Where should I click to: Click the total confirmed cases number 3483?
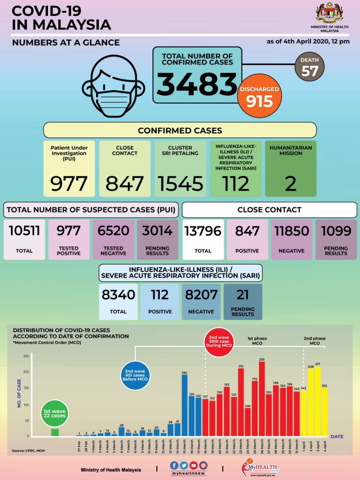(197, 84)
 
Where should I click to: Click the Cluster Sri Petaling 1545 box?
(180, 169)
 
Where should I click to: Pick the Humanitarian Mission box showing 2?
(291, 169)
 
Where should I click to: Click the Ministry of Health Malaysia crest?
(329, 13)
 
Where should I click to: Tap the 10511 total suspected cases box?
(24, 239)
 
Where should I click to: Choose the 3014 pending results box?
(157, 239)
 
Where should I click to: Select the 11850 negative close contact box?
(291, 239)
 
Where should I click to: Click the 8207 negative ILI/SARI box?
(201, 302)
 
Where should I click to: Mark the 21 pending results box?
(243, 302)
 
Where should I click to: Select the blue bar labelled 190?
(184, 405)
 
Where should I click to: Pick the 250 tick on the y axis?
(26, 356)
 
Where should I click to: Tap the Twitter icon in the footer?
(184, 465)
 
